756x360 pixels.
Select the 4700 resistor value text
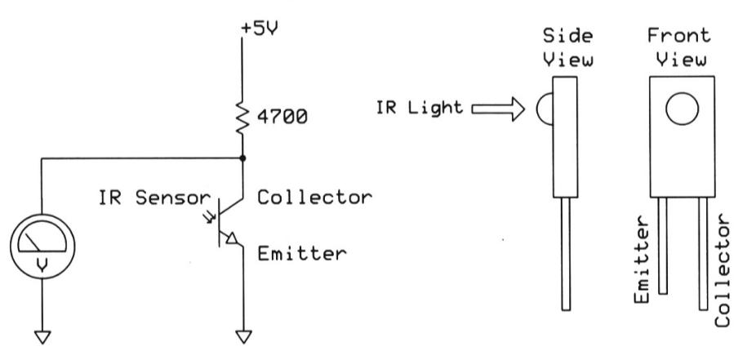pos(282,118)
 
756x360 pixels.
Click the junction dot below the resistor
pos(243,158)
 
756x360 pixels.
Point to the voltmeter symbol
pos(41,246)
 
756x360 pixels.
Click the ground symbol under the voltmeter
pos(41,336)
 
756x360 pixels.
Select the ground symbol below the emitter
pos(243,336)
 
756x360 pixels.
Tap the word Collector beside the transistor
pos(314,198)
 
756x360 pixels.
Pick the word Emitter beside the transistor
pos(302,253)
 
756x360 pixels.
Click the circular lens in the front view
pos(682,110)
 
